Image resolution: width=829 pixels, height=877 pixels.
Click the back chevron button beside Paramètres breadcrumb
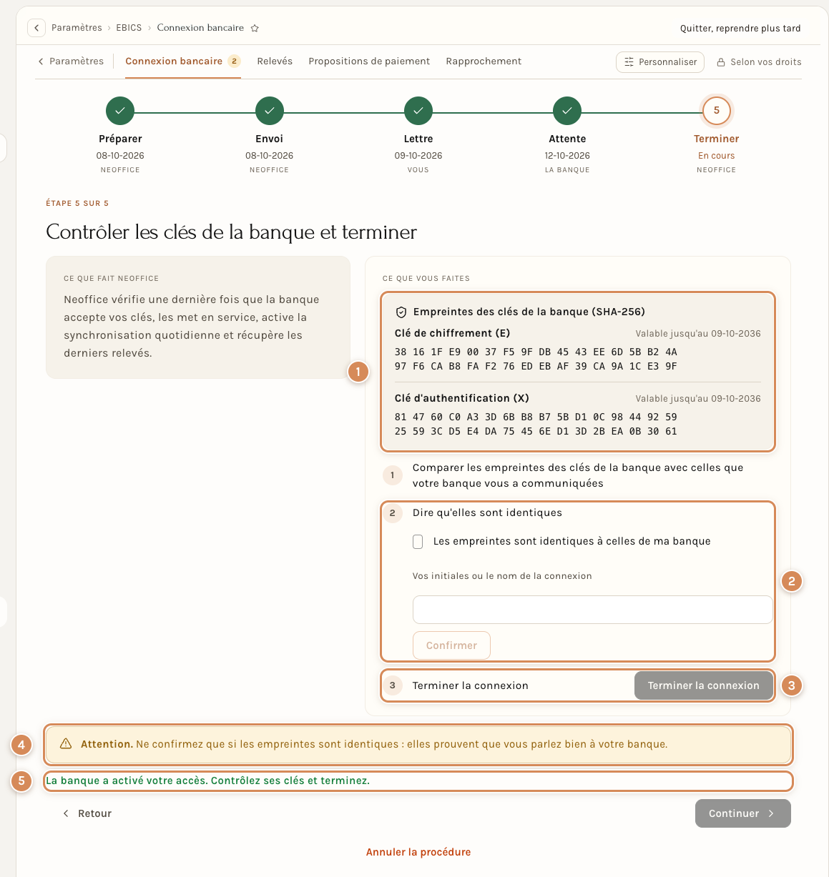pyautogui.click(x=36, y=28)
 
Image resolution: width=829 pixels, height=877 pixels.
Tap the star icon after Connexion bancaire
pyautogui.click(x=255, y=29)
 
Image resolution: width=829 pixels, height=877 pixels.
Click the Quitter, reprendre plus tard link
pyautogui.click(x=740, y=29)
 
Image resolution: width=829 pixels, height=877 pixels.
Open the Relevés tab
pyautogui.click(x=275, y=61)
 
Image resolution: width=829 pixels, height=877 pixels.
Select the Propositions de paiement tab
pyautogui.click(x=369, y=61)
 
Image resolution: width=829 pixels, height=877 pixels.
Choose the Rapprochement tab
pyautogui.click(x=484, y=61)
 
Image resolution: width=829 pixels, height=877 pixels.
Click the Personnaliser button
pyautogui.click(x=659, y=61)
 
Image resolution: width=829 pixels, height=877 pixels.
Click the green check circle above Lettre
pyautogui.click(x=418, y=110)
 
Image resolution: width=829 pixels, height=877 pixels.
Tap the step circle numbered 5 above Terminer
pyautogui.click(x=716, y=110)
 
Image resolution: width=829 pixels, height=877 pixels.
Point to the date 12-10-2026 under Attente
pyautogui.click(x=566, y=155)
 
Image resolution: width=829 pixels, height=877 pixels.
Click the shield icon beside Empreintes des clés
pyautogui.click(x=401, y=312)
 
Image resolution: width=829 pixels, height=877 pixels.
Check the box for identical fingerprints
pyautogui.click(x=418, y=541)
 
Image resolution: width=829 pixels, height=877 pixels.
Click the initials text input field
pyautogui.click(x=592, y=610)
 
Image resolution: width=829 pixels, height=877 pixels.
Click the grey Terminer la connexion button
pyautogui.click(x=703, y=685)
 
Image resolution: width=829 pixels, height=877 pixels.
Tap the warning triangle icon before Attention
pyautogui.click(x=65, y=743)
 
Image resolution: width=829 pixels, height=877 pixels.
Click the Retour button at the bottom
pyautogui.click(x=87, y=813)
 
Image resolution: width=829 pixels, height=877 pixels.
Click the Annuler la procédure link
pyautogui.click(x=418, y=852)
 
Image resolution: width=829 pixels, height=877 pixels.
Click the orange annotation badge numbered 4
pyautogui.click(x=21, y=745)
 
